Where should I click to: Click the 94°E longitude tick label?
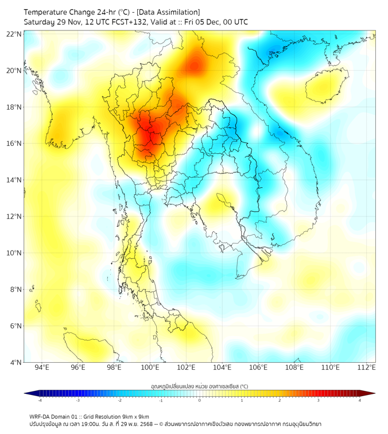coord(42,367)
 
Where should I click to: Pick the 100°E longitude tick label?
coord(150,367)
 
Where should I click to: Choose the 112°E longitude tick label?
coord(366,367)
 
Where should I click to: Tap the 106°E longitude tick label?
coord(258,367)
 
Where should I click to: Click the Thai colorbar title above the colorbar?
coord(199,386)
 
